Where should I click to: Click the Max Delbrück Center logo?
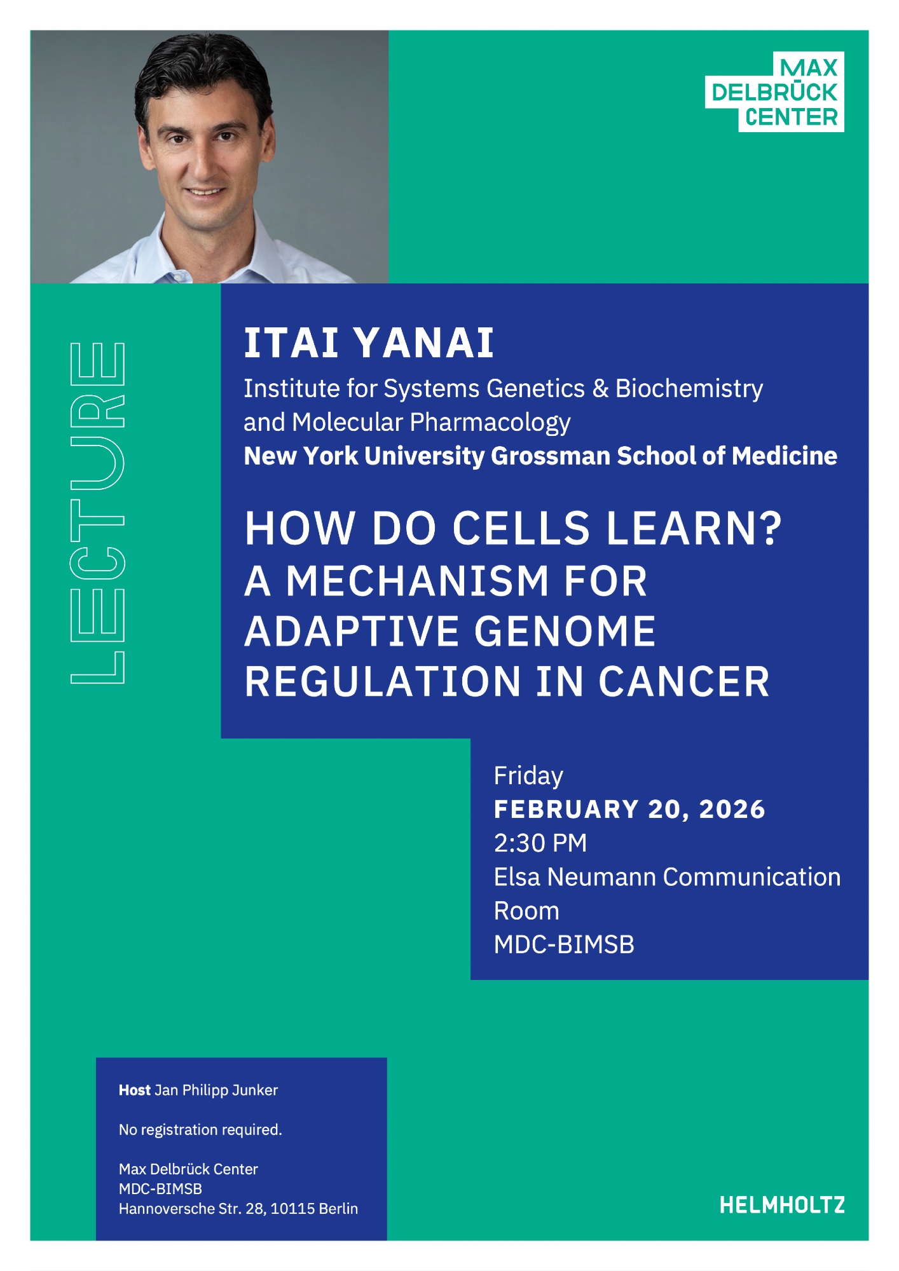pos(774,92)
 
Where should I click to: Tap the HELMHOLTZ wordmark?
pos(782,1205)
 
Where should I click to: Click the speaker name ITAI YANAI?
pos(369,343)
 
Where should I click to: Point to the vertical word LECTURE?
pos(97,513)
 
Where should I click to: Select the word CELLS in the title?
pos(521,528)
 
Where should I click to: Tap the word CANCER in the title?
pos(683,682)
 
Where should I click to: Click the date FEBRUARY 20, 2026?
pos(629,809)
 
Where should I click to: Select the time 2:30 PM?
pos(540,843)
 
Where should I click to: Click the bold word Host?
pos(134,1090)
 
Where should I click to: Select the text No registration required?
pos(200,1129)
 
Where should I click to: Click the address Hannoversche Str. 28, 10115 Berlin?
pos(238,1208)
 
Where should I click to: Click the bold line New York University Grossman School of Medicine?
pos(540,456)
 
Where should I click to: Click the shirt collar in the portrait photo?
pos(210,254)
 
